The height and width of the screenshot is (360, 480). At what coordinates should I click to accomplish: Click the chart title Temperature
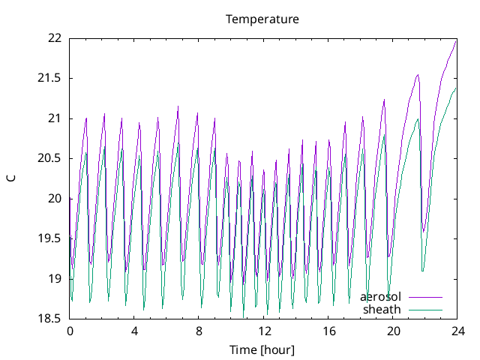click(262, 19)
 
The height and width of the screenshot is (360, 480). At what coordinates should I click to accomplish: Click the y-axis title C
click(11, 178)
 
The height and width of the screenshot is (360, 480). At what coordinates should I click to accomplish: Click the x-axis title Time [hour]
click(262, 349)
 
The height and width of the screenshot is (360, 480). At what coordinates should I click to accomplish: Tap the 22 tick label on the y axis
click(54, 38)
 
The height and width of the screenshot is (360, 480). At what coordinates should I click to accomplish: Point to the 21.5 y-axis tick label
click(49, 78)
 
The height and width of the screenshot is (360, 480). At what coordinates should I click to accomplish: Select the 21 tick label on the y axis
click(54, 118)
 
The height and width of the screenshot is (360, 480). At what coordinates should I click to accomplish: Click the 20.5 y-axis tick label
click(49, 158)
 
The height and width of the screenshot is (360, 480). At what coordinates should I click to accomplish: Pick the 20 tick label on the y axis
click(54, 199)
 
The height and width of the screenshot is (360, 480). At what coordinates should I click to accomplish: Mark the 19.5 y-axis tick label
click(49, 238)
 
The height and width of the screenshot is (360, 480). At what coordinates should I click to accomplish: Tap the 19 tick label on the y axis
click(54, 279)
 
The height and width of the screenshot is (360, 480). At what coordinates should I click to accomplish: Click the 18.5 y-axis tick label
click(49, 319)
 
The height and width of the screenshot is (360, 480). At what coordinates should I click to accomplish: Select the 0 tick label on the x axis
click(70, 331)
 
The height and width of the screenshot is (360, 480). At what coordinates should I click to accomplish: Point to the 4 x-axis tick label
click(134, 331)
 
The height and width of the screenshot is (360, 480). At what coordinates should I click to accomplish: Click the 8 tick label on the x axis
click(199, 331)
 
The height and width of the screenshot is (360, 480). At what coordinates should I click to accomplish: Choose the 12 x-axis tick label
click(263, 331)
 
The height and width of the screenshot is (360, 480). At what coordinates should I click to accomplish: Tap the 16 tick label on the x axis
click(328, 331)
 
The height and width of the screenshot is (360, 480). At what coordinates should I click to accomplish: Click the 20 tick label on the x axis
click(392, 331)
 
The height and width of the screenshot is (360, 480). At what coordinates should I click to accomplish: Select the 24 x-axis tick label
click(457, 331)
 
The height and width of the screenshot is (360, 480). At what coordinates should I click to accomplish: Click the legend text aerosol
click(380, 297)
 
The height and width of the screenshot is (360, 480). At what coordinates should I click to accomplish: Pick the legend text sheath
click(382, 309)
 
